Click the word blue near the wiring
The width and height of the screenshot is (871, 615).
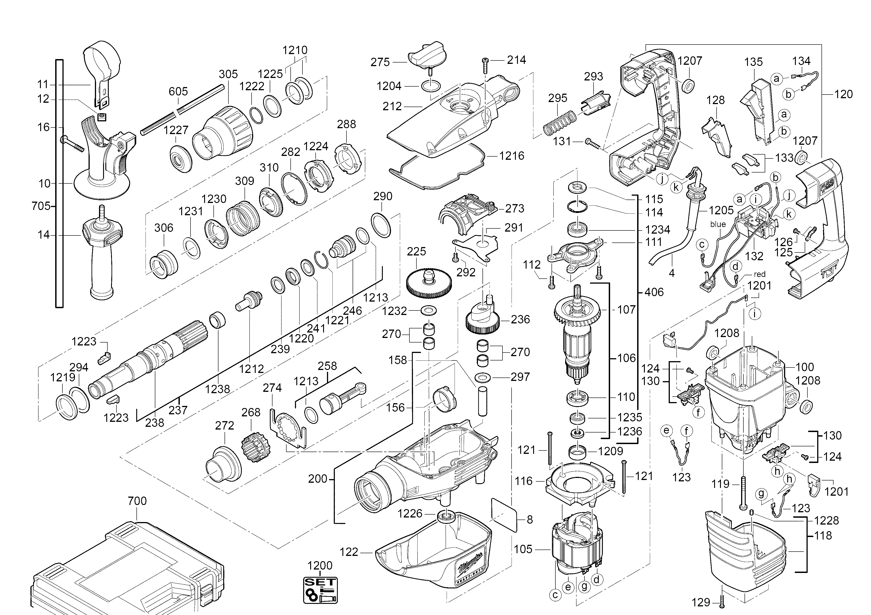[x=718, y=224]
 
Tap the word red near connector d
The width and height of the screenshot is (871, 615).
[x=760, y=274]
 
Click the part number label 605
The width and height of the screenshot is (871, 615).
[x=178, y=92]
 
